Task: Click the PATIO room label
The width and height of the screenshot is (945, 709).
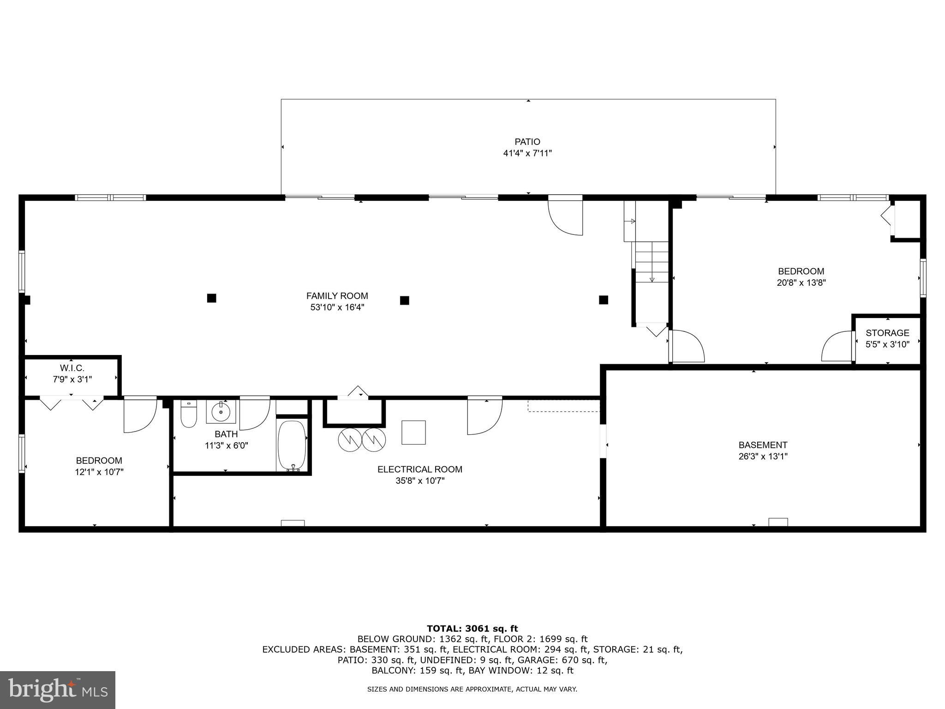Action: click(x=527, y=142)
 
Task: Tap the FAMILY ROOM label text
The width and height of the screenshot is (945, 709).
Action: click(x=337, y=296)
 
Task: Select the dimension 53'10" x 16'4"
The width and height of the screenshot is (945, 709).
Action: click(x=337, y=307)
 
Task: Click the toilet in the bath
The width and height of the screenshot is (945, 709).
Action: click(x=188, y=414)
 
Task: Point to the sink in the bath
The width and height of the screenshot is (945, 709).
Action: click(x=221, y=411)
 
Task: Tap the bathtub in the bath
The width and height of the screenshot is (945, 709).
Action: click(x=292, y=445)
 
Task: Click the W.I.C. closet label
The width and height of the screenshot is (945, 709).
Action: click(x=72, y=368)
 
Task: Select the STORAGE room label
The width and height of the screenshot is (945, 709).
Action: click(x=887, y=333)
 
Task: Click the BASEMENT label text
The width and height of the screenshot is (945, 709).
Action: click(x=763, y=445)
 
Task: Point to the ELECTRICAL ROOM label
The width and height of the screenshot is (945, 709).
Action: click(x=419, y=469)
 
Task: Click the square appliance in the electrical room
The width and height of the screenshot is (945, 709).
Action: click(x=413, y=433)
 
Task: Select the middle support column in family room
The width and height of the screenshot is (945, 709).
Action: click(x=404, y=300)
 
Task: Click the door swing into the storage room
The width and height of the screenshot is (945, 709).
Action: click(x=837, y=347)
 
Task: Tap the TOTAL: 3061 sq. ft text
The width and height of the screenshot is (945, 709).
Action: click(x=472, y=628)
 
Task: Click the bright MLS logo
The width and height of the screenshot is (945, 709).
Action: click(x=58, y=690)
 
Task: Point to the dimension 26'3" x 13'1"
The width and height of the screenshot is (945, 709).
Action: click(x=763, y=457)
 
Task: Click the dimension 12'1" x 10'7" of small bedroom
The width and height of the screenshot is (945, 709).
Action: click(x=99, y=472)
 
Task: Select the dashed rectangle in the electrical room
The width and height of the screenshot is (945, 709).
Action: click(x=563, y=406)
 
